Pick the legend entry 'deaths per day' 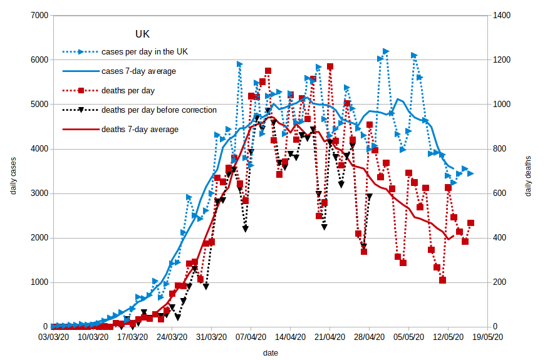[x=128, y=90]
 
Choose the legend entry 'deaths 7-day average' [x=140, y=130]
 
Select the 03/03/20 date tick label [x=53, y=337]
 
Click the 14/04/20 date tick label [x=291, y=337]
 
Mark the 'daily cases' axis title [x=13, y=171]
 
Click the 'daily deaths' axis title [x=528, y=177]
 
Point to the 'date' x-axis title [x=271, y=353]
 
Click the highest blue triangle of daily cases [x=386, y=51]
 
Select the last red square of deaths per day [x=470, y=223]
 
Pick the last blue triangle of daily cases [x=470, y=173]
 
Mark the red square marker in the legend [x=81, y=90]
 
